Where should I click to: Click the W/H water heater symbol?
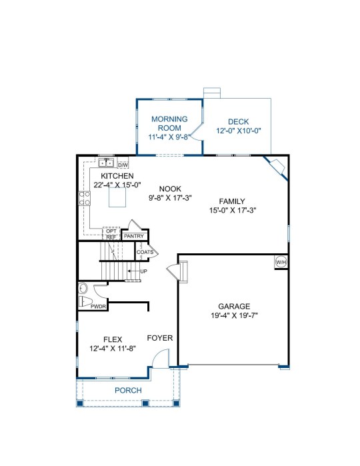click(281, 262)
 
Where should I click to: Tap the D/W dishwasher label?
click(123, 165)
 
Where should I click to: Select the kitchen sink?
click(106, 163)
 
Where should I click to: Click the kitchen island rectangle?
click(117, 197)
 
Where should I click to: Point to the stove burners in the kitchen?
click(85, 198)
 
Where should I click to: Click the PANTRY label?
click(134, 236)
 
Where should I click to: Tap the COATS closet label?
click(145, 252)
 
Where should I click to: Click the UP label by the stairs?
click(143, 271)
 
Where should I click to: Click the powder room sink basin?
click(83, 288)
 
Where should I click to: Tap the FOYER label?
click(160, 338)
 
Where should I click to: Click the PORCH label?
click(128, 390)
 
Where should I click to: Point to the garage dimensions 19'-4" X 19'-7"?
click(234, 315)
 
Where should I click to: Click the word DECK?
click(239, 121)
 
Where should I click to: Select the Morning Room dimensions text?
click(169, 137)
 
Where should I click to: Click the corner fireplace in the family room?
click(277, 167)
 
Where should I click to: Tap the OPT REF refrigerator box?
click(111, 234)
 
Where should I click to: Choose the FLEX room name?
click(113, 339)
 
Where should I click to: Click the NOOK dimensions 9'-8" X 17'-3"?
click(170, 197)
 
